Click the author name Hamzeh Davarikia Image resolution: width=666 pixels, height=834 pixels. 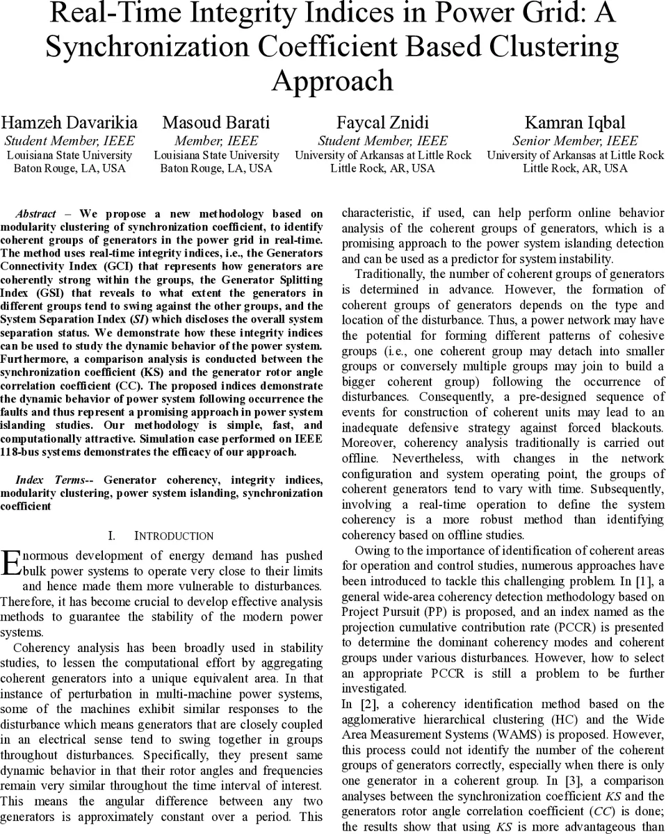click(69, 123)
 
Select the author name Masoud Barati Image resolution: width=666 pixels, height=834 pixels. click(216, 123)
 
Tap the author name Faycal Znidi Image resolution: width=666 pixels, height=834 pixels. click(382, 123)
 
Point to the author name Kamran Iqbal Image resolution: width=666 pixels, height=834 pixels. click(574, 123)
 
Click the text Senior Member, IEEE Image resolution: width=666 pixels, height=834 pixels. click(575, 141)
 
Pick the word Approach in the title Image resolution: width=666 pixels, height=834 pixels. click(332, 81)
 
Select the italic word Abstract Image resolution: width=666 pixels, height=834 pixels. click(35, 214)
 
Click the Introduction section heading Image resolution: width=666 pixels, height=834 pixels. click(174, 536)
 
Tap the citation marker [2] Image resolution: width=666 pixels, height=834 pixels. click(361, 704)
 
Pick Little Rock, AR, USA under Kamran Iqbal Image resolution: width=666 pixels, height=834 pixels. click(575, 168)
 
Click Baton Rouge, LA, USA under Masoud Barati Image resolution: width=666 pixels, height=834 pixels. click(216, 168)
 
